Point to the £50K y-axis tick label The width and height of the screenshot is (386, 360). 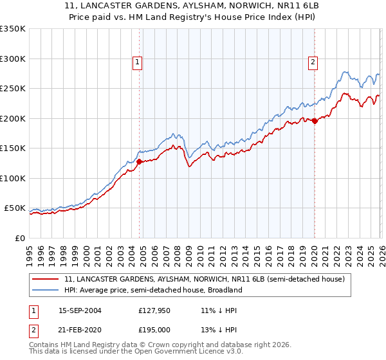click(x=14, y=208)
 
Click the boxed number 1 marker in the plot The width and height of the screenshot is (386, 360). click(x=138, y=62)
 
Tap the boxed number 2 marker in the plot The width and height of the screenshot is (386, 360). click(x=313, y=62)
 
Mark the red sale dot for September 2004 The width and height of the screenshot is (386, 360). click(x=139, y=161)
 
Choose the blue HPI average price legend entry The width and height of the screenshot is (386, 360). click(x=152, y=290)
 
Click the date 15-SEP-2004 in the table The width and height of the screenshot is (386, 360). click(x=80, y=310)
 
